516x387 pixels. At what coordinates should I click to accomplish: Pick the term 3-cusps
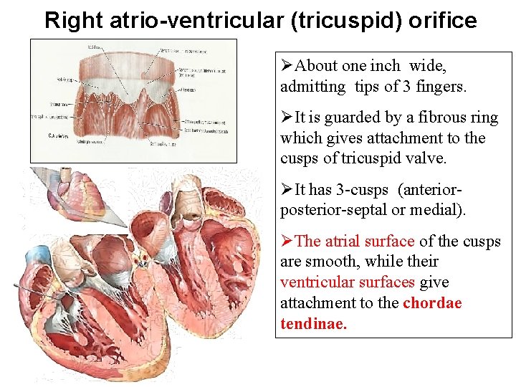(363, 190)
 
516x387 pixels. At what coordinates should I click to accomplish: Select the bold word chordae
(432, 303)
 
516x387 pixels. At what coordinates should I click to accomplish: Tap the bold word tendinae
(313, 324)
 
